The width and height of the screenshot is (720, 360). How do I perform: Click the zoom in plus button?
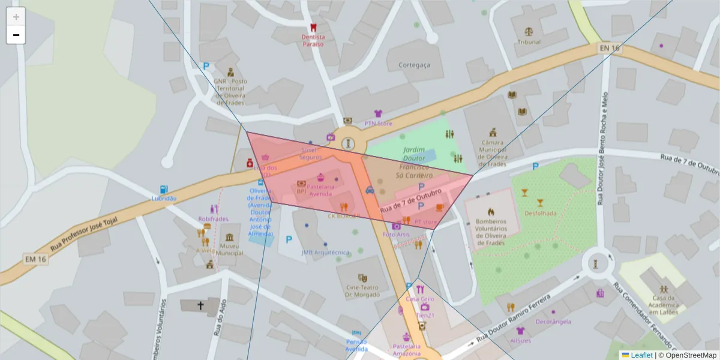pos(16,16)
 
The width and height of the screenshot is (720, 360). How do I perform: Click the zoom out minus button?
pos(16,35)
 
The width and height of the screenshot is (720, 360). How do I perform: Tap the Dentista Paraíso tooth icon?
pos(312,28)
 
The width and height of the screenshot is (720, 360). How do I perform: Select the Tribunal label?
pos(529,42)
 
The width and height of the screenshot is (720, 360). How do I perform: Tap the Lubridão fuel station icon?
pos(164,189)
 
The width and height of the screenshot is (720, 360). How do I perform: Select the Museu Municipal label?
pos(229,249)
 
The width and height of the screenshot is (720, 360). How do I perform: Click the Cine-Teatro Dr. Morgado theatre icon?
pos(362,278)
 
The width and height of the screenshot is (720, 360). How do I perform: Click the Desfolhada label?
pos(540,213)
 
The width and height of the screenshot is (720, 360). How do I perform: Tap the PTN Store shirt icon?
pos(378,113)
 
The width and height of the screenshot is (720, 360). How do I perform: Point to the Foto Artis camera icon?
pos(396,226)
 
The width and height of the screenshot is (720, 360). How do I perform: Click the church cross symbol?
pos(200,305)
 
